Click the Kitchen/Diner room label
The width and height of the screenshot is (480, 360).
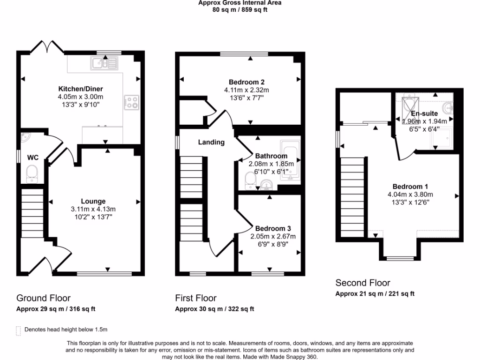click(80, 89)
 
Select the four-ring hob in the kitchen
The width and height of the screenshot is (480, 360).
click(131, 102)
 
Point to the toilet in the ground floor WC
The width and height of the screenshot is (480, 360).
click(32, 173)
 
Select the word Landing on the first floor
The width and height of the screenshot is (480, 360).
click(211, 142)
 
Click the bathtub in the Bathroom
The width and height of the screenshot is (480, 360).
click(290, 161)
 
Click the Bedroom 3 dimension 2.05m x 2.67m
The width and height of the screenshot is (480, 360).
click(273, 236)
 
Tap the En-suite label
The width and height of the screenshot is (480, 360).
click(424, 113)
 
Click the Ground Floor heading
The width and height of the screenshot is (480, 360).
click(44, 298)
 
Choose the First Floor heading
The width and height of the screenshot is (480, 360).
click(196, 298)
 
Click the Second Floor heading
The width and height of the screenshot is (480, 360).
click(362, 283)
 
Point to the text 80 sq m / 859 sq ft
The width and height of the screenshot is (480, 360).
click(240, 9)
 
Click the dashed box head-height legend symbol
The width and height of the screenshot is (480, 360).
click(19, 330)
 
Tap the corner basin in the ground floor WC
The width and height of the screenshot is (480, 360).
click(24, 137)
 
